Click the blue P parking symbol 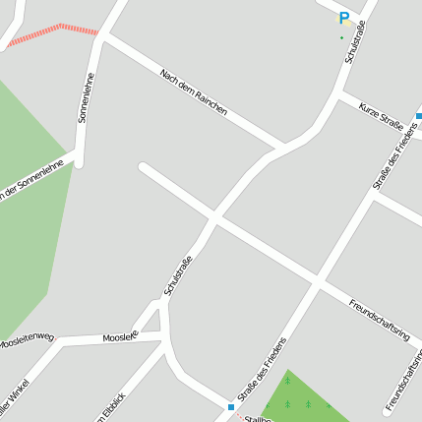[x=343, y=18]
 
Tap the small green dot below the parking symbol [x=341, y=38]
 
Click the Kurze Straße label [x=381, y=116]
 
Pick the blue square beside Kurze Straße [x=419, y=114]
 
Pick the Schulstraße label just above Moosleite [x=177, y=276]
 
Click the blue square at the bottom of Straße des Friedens [x=230, y=406]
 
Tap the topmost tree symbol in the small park [x=288, y=379]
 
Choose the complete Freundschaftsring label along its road [x=379, y=318]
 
